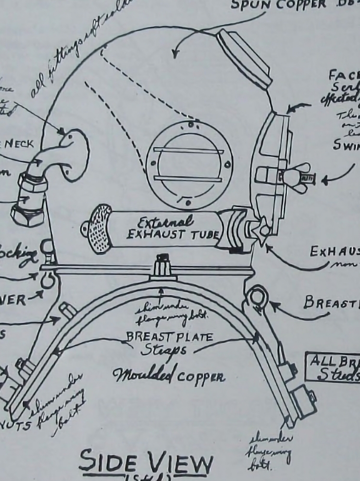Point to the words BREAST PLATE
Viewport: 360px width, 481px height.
pyautogui.click(x=169, y=337)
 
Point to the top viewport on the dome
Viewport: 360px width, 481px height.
pyautogui.click(x=244, y=57)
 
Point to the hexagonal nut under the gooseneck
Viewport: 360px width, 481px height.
pyautogui.click(x=28, y=214)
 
